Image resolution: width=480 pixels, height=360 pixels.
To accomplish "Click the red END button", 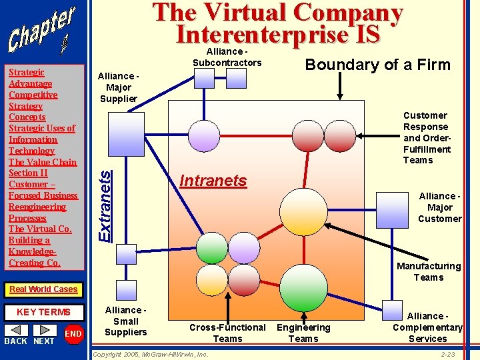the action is (x=73, y=334).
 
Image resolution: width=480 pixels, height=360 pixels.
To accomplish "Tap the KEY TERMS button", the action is (x=43, y=312).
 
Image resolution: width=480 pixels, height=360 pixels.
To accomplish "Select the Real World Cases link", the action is (x=43, y=289).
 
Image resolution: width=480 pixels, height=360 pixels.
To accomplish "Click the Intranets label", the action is (x=213, y=181).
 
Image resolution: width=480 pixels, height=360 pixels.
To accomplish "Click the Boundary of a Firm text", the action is (x=377, y=65).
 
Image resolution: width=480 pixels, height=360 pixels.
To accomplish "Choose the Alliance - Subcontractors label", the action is (x=227, y=57).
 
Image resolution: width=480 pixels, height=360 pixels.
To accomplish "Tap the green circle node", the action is (x=213, y=248).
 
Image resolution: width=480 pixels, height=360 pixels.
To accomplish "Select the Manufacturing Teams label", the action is (x=428, y=271).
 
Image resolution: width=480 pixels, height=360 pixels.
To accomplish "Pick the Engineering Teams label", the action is (x=303, y=333).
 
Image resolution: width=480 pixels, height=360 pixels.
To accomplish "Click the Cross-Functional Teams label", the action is (x=227, y=333).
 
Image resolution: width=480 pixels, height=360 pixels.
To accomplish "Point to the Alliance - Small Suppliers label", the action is (x=125, y=321).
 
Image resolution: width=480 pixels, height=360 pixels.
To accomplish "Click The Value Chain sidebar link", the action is (x=43, y=162).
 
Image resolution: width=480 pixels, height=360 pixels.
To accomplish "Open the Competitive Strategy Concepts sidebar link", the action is (x=33, y=105).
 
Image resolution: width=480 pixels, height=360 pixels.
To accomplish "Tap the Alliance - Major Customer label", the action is (x=439, y=207).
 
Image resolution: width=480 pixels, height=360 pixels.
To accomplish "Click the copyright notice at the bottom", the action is (x=150, y=354).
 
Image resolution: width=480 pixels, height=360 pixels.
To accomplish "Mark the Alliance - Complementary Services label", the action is (x=427, y=327).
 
